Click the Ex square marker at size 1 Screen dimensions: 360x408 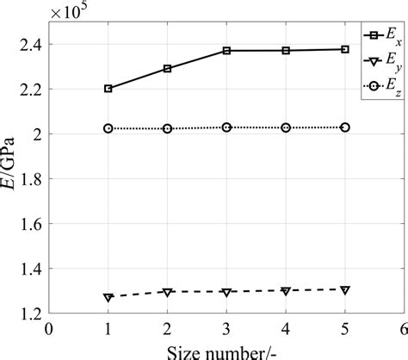[108, 89]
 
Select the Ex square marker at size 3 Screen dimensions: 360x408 [226, 51]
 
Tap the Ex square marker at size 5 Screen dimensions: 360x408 [345, 49]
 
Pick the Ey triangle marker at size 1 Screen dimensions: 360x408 [108, 297]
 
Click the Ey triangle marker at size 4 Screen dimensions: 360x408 [286, 291]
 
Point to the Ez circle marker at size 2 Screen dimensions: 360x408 [167, 128]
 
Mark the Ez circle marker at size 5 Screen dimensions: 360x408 [345, 127]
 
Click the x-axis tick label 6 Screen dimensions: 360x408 [403, 328]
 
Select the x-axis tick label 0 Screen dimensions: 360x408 [49, 328]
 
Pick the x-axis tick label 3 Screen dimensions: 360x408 [226, 328]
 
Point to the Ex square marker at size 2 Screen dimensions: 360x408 [167, 68]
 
